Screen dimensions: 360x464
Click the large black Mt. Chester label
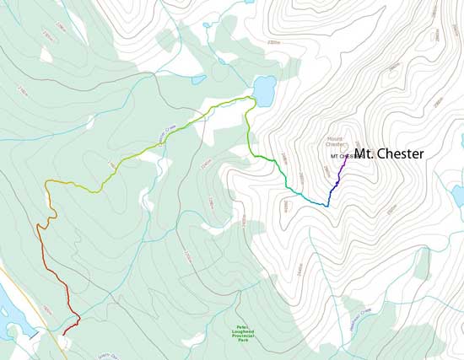(389, 154)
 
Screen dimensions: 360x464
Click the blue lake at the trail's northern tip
(263, 89)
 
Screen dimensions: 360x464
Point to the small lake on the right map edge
(457, 195)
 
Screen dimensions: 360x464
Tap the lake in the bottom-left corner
(10, 299)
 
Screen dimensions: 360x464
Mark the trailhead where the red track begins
(63, 334)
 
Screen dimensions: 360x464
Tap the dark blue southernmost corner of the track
(326, 206)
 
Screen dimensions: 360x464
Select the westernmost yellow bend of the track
(47, 184)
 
